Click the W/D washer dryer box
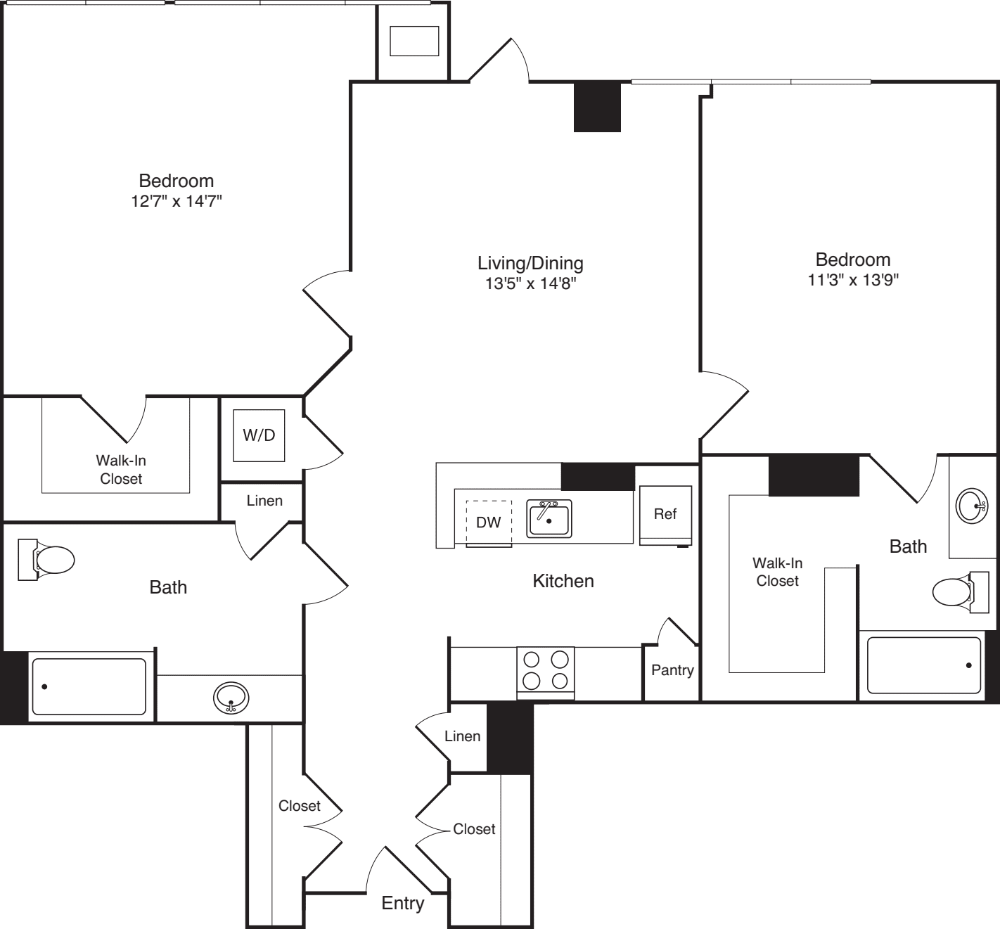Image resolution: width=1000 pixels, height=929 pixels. pos(259,435)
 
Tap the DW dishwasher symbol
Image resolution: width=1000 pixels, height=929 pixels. pos(488,523)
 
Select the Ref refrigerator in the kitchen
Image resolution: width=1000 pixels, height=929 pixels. pos(665,515)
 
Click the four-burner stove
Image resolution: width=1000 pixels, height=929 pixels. pos(546,670)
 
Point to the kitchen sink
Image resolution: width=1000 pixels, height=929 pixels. pos(549,519)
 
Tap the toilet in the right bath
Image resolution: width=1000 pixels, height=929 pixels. pos(954,591)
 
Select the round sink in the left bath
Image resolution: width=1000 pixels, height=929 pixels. pos(231,697)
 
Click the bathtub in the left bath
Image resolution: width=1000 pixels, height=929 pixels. pos(89,686)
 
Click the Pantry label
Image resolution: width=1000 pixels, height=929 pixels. pos(672,670)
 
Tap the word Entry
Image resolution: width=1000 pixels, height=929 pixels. pos(402,903)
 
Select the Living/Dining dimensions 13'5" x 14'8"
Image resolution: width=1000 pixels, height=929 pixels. pos(530,283)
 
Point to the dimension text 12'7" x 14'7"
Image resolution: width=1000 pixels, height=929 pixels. pos(177,201)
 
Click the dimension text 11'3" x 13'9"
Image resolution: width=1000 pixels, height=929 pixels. pos(853,280)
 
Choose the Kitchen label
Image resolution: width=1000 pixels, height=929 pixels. pos(563,581)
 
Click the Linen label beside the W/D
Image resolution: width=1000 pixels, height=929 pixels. pos(264,501)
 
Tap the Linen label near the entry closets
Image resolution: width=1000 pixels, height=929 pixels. pos(462,736)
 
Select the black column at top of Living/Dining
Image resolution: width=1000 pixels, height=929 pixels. pos(597,107)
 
